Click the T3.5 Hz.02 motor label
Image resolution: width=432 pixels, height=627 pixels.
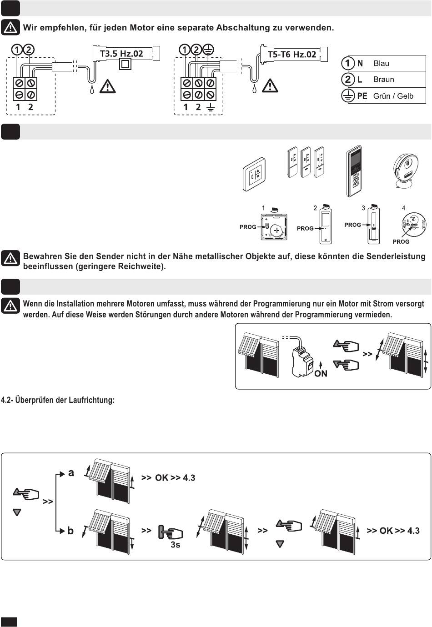pos(121,54)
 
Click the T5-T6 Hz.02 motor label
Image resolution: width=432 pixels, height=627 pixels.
pos(291,55)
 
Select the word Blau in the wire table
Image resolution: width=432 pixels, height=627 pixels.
pos(381,64)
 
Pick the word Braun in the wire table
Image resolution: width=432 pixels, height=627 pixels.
pos(383,80)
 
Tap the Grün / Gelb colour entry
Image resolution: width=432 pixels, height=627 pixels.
pos(393,96)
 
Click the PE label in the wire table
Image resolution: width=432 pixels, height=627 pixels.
pos(362,96)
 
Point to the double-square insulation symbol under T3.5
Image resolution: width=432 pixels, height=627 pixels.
pos(125,65)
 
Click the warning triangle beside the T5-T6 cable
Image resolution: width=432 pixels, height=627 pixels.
pos(270,85)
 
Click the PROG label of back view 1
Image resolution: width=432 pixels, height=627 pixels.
pos(248,227)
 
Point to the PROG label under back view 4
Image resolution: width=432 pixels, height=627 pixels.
pos(401,241)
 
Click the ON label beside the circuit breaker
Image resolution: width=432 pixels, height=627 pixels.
pos(321,373)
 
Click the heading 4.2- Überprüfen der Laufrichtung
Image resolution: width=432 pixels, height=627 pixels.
pos(58,400)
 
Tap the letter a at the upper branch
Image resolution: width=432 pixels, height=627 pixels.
pos(71,473)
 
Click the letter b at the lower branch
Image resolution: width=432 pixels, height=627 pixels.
pos(70,531)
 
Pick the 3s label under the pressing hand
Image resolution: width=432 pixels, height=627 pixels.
pos(175,545)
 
